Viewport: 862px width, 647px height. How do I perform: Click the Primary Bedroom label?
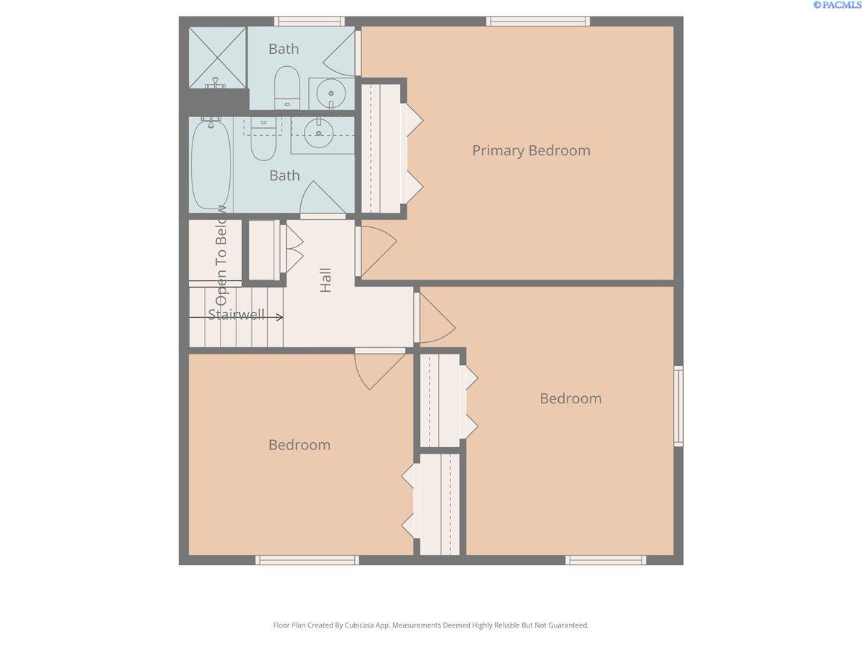[531, 151]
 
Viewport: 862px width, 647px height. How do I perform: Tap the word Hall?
[325, 280]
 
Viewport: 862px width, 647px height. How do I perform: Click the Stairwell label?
[236, 314]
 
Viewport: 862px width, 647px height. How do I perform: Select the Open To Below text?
[221, 255]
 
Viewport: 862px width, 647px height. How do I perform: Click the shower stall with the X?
[218, 58]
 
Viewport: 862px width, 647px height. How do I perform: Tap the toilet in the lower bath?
[263, 139]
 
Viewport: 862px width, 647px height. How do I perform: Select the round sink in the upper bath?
[330, 93]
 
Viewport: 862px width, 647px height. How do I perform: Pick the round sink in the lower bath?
[318, 133]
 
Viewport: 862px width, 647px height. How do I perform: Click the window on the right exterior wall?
[679, 405]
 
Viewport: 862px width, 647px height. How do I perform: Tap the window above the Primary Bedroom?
[538, 22]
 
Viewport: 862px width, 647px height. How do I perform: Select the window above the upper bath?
[310, 22]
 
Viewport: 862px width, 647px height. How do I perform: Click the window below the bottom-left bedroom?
[307, 560]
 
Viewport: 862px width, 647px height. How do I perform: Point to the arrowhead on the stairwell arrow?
[280, 317]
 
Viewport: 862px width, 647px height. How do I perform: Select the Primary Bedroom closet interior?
[381, 149]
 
